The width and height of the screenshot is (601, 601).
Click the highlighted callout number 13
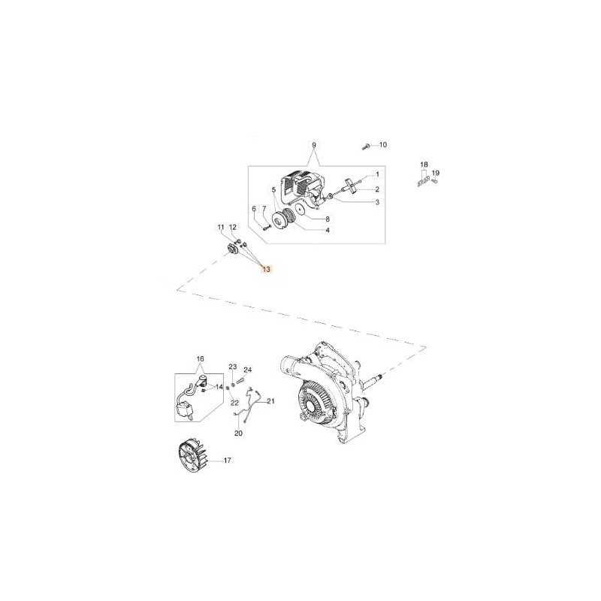[266, 269]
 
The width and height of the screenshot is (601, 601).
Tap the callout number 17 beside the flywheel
[228, 460]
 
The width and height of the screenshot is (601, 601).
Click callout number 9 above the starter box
[314, 145]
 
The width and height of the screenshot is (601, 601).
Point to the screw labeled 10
[366, 146]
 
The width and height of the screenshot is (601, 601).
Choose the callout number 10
[383, 145]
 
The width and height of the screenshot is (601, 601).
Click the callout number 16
[200, 359]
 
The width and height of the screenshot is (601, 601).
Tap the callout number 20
[238, 433]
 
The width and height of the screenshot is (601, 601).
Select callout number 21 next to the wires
[271, 401]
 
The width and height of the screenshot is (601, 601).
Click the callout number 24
[248, 370]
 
